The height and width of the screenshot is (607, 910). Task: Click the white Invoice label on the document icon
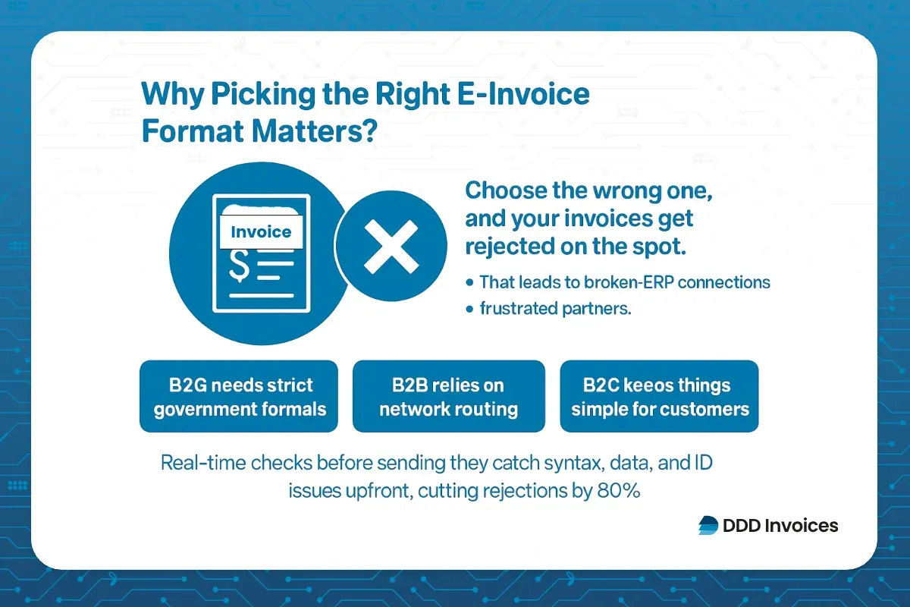point(260,232)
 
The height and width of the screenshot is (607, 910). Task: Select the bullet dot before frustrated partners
point(471,309)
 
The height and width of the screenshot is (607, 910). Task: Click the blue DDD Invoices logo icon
point(708,525)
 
